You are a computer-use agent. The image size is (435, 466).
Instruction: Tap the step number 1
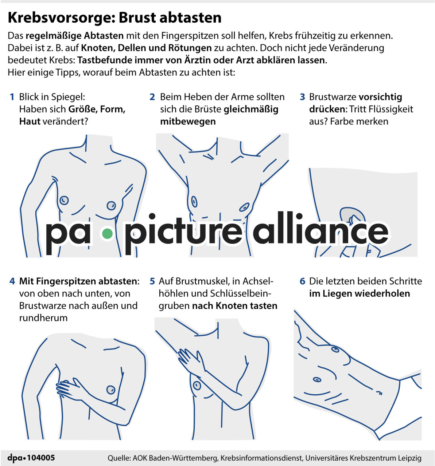pyautogui.click(x=12, y=97)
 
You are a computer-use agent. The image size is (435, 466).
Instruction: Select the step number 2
pyautogui.click(x=152, y=97)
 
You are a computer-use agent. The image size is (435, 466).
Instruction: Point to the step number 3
pyautogui.click(x=302, y=97)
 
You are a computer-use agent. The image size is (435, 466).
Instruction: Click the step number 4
pyautogui.click(x=12, y=281)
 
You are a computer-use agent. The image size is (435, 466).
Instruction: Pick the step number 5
pyautogui.click(x=152, y=281)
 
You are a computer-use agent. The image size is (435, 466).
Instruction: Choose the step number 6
pyautogui.click(x=302, y=281)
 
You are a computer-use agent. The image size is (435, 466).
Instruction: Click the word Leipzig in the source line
pyautogui.click(x=409, y=458)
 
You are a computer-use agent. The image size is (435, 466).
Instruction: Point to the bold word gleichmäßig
pyautogui.click(x=251, y=109)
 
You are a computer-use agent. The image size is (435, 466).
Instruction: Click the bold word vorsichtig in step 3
pyautogui.click(x=380, y=97)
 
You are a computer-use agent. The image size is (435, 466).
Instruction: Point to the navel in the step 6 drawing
pyautogui.click(x=378, y=392)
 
